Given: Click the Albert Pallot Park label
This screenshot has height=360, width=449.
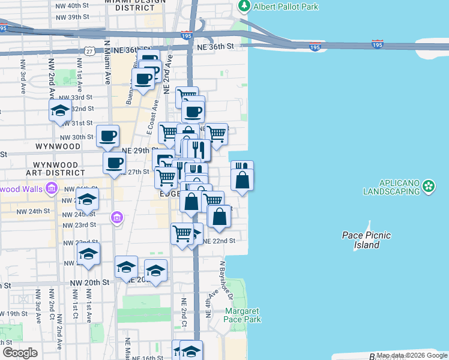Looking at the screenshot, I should [286, 7].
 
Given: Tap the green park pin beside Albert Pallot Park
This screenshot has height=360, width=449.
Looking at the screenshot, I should [244, 7].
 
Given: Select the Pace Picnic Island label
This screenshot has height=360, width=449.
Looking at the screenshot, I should [366, 240].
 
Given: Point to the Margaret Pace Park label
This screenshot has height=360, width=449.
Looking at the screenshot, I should [243, 315].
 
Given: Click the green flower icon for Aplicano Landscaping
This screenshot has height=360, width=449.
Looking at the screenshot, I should [429, 186].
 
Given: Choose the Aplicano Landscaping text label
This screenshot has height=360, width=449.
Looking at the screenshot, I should [391, 187].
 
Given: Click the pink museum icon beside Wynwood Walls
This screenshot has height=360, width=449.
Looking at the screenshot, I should [51, 190].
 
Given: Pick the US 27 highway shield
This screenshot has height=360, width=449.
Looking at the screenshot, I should [88, 52].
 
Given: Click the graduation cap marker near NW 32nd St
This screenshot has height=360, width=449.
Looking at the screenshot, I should [60, 110].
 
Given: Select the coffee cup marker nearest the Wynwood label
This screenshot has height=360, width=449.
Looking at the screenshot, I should [107, 136].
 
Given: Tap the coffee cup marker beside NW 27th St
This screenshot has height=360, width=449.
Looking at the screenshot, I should [114, 162].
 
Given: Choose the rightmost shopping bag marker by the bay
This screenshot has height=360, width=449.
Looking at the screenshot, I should [242, 179].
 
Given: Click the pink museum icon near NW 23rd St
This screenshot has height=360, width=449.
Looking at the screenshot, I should [116, 217].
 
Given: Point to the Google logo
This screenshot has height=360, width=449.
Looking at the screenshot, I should [20, 353].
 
